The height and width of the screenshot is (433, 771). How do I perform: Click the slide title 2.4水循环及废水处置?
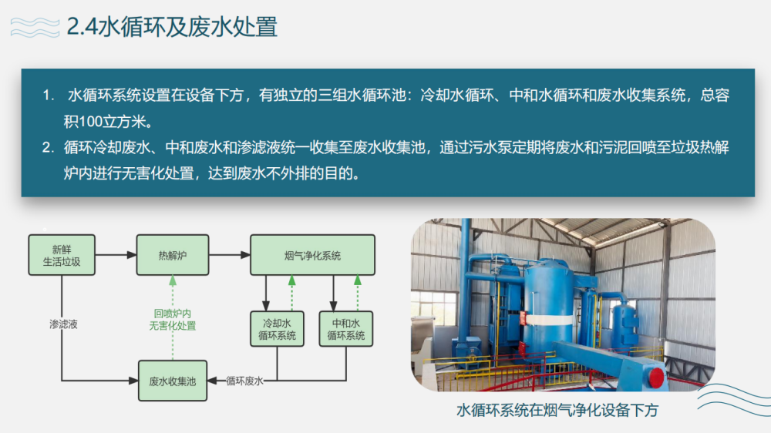point(172,26)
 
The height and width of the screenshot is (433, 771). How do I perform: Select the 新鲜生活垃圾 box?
point(62,255)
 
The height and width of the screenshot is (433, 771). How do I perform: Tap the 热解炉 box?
point(173,255)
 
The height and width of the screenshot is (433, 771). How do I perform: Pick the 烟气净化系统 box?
point(313,255)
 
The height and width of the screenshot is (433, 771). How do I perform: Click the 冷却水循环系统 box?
point(277,329)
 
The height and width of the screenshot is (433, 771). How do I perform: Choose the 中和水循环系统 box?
point(345,329)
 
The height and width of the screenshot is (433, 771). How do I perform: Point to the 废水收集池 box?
point(173,381)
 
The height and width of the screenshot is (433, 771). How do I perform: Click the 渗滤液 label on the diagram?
point(63,324)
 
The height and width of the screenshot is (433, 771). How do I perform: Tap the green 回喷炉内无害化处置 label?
point(173,320)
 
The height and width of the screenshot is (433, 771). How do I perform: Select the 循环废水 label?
point(244,381)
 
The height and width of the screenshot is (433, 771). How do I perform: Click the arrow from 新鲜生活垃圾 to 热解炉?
point(116,255)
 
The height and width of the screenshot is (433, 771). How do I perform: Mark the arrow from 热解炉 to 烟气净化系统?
point(230,255)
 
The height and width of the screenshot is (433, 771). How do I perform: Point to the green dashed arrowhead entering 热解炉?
point(173,280)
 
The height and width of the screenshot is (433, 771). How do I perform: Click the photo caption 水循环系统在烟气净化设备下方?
point(557,411)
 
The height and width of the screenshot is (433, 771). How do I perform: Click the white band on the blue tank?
point(547,319)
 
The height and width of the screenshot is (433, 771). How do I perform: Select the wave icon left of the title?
point(35,27)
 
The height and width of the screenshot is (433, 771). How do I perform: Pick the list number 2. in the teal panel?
point(48,147)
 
